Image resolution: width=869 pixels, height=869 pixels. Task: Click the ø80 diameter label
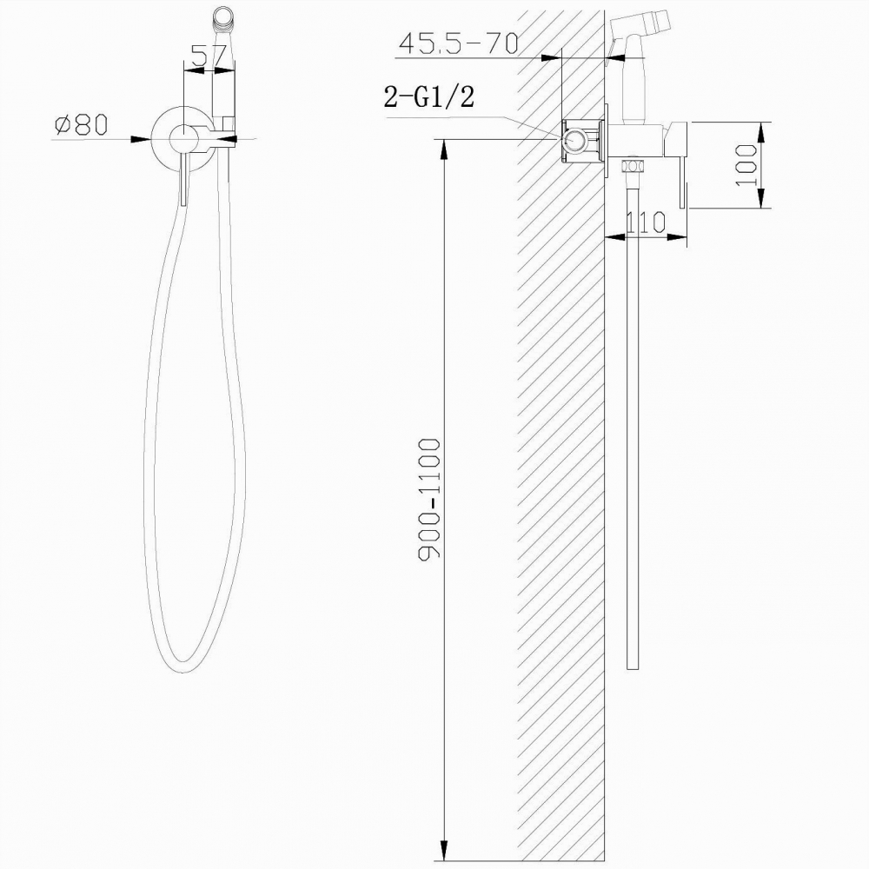80,125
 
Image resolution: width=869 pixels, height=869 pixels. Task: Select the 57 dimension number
209,57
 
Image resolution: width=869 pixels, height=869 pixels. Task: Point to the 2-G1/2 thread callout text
428,97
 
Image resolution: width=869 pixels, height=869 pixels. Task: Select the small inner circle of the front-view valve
183,137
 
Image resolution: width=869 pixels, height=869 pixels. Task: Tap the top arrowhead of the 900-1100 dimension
444,148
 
